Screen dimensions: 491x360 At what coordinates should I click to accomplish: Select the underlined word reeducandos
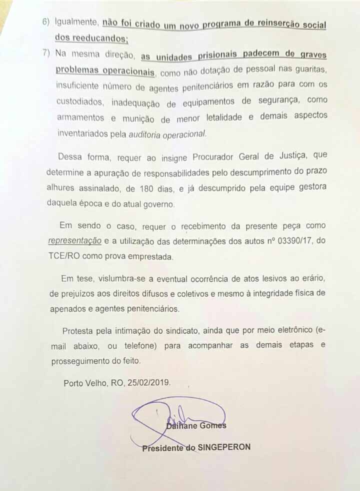pyautogui.click(x=97, y=38)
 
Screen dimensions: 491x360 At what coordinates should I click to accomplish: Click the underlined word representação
pyautogui.click(x=75, y=241)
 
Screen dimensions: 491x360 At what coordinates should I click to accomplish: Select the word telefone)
pyautogui.click(x=162, y=345)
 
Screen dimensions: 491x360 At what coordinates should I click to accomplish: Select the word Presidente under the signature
pyautogui.click(x=163, y=448)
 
